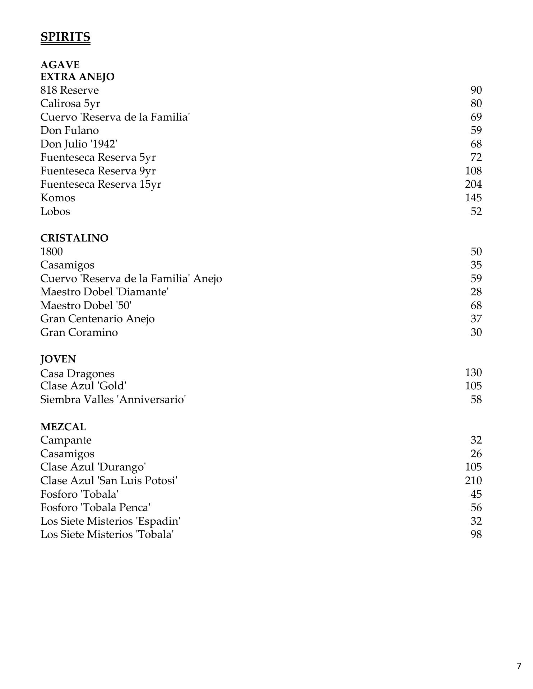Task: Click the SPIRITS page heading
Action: pyautogui.click(x=65, y=37)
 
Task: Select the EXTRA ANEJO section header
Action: pyautogui.click(x=77, y=77)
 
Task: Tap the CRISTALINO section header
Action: pyautogui.click(x=74, y=238)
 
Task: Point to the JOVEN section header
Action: pyautogui.click(x=58, y=359)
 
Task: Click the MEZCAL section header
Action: pyautogui.click(x=63, y=427)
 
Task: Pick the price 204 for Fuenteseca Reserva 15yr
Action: pyautogui.click(x=473, y=184)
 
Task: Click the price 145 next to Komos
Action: pyautogui.click(x=473, y=198)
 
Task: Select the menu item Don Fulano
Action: pyautogui.click(x=69, y=130)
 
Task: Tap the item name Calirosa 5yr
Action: pyautogui.click(x=70, y=103)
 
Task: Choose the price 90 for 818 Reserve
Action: pyautogui.click(x=476, y=90)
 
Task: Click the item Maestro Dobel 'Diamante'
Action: pyautogui.click(x=105, y=292)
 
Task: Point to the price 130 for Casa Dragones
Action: pyautogui.click(x=473, y=372)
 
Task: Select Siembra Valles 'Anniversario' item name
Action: pyautogui.click(x=113, y=399)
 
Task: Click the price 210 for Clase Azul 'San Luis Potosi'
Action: pyautogui.click(x=473, y=481)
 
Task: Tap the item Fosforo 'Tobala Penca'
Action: pyautogui.click(x=95, y=507)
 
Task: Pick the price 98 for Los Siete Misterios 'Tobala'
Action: pyautogui.click(x=476, y=534)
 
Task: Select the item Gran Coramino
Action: pyautogui.click(x=79, y=332)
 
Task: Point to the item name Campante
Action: pyautogui.click(x=66, y=440)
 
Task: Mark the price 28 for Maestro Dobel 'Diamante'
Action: pyautogui.click(x=476, y=292)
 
